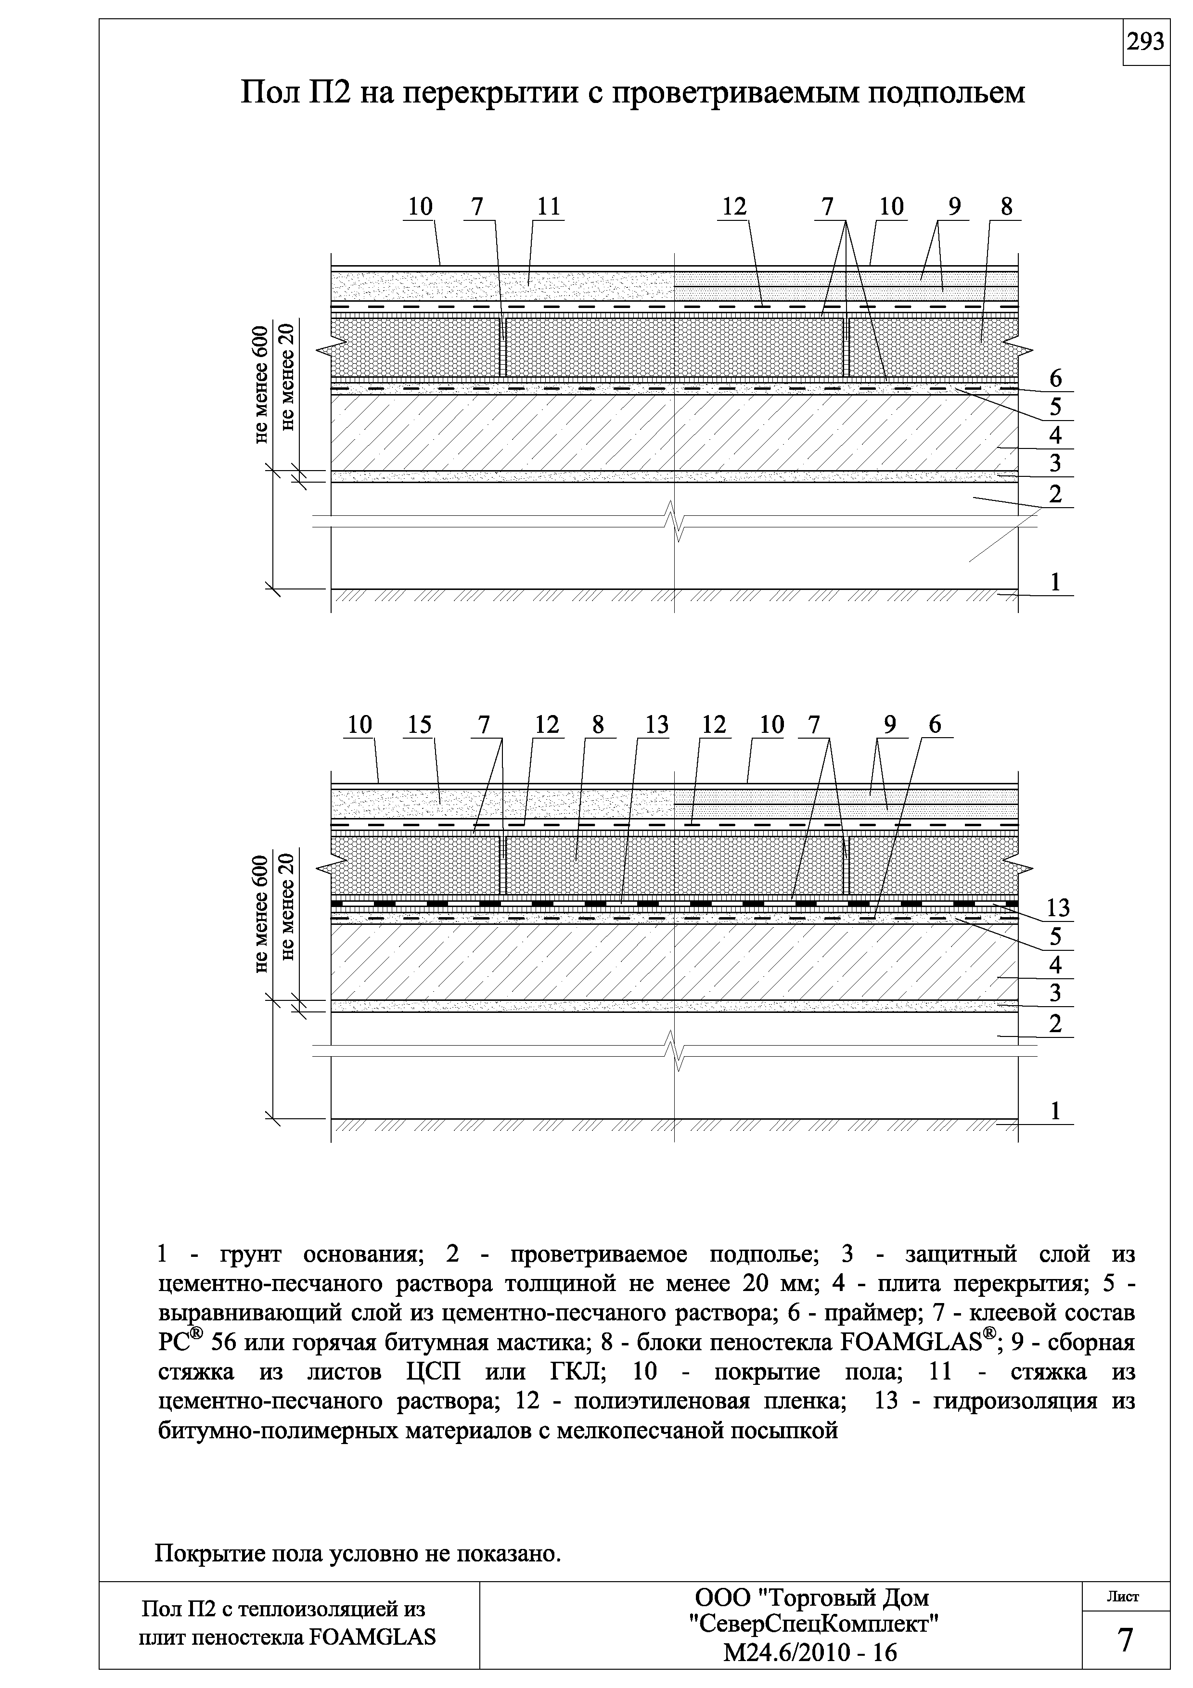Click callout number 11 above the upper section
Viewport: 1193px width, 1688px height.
(548, 207)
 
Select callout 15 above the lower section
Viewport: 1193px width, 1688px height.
(420, 726)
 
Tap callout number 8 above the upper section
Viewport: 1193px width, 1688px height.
(1006, 207)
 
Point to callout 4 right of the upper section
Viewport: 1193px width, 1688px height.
(1055, 435)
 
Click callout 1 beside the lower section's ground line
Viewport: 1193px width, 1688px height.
(1055, 1111)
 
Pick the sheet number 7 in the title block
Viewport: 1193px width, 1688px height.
(1125, 1641)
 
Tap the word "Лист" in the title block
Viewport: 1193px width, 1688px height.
(1123, 1597)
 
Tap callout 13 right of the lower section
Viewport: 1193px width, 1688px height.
(1058, 908)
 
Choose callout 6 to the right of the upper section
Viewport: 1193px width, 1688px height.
(1055, 379)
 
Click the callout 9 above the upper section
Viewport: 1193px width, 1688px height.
(954, 207)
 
